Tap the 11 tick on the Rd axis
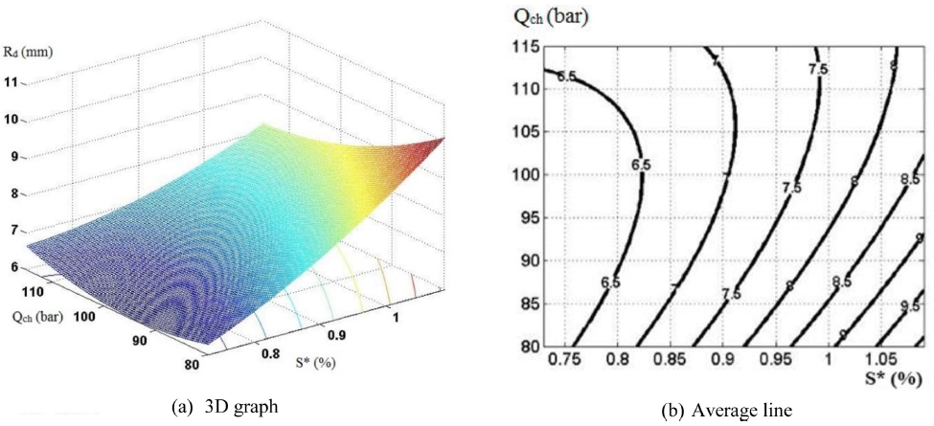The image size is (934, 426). (12, 83)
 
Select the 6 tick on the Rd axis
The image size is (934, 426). (13, 267)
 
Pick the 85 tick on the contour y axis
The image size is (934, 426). (524, 303)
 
